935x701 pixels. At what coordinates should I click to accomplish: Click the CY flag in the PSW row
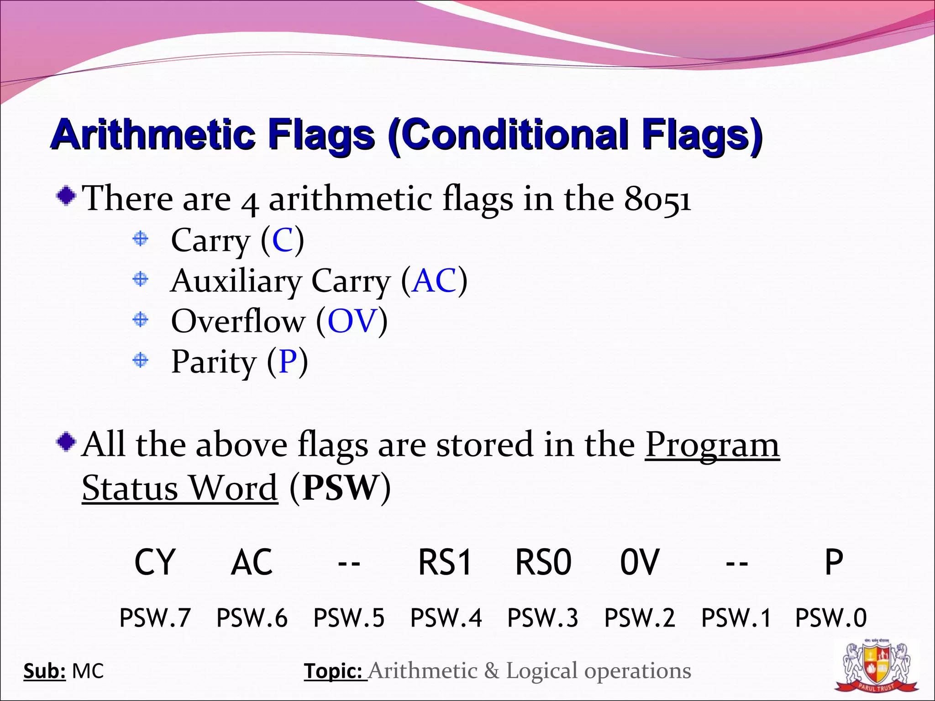coord(155,562)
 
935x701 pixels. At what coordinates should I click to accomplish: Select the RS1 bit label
coord(445,562)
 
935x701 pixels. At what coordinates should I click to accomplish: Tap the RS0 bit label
coord(543,562)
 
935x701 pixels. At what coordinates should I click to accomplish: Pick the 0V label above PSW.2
coord(640,562)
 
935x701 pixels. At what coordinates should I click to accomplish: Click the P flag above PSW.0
coord(833,562)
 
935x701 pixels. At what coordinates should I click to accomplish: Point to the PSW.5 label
coord(349,618)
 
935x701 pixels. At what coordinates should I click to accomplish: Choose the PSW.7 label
coord(155,618)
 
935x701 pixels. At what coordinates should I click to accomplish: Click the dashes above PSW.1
coord(736,564)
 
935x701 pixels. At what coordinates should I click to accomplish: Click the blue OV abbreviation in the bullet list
coord(352,320)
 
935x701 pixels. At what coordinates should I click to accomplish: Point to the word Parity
coord(214,361)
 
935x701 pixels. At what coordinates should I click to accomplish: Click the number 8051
coord(657,199)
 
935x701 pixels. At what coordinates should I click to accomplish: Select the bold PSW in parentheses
coord(341,487)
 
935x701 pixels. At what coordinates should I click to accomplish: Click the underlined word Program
coord(712,445)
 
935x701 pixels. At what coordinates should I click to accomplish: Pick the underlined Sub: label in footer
coord(44,671)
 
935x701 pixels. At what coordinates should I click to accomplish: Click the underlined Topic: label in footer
coord(335,671)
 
